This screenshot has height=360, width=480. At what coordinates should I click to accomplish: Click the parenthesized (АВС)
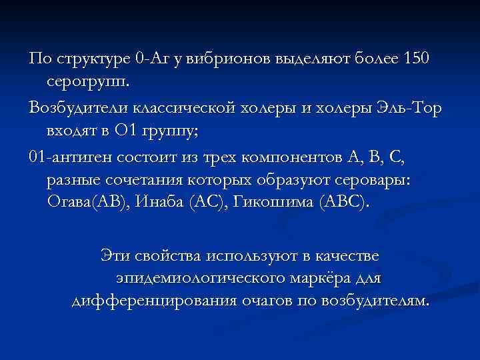[345, 203]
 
